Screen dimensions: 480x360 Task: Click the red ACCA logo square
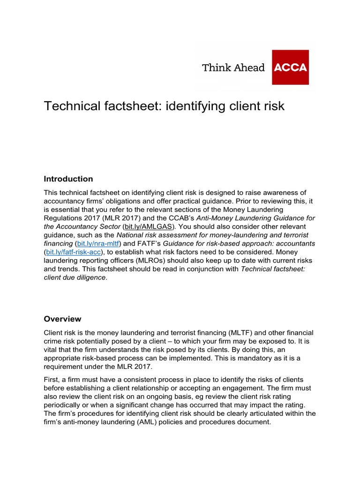pyautogui.click(x=290, y=67)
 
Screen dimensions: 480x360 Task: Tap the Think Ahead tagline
pyautogui.click(x=233, y=67)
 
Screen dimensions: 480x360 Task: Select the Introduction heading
pyautogui.click(x=68, y=179)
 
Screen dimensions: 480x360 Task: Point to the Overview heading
pyautogui.click(x=63, y=319)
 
